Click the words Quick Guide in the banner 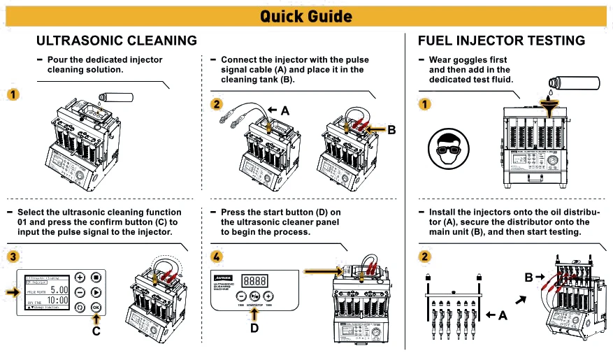(x=306, y=16)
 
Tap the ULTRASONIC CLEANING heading (x=116, y=41)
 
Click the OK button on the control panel (x=96, y=307)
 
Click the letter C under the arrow (x=96, y=333)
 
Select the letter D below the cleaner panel (x=254, y=329)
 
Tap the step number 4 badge (x=217, y=257)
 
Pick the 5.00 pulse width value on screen (x=58, y=289)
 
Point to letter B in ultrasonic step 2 (x=391, y=129)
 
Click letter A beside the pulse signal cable (x=284, y=110)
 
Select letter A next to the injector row (x=502, y=315)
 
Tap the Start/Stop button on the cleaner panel (x=255, y=296)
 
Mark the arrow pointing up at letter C (x=96, y=319)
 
